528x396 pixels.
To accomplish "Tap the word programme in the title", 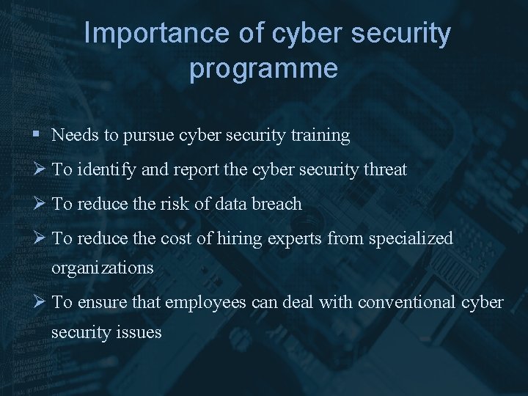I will click(x=263, y=68).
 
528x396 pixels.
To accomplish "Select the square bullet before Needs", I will click(x=37, y=136).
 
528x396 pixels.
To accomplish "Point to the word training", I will click(x=319, y=136).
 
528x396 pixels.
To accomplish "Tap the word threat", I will click(x=383, y=170).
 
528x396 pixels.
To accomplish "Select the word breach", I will click(x=277, y=204).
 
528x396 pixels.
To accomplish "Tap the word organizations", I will click(x=102, y=268).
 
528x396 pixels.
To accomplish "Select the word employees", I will click(x=202, y=303).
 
